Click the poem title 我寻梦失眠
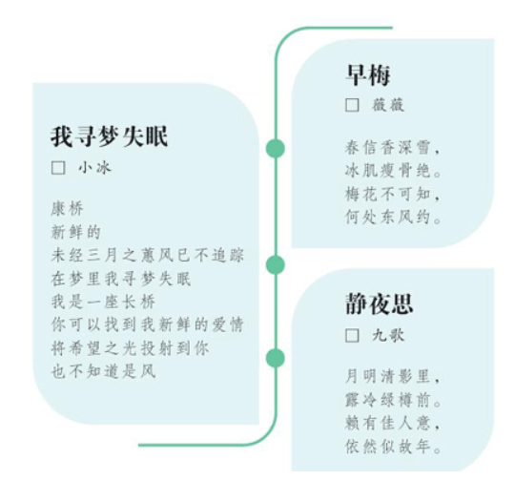[110, 136]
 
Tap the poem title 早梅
[368, 74]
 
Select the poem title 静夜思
[379, 303]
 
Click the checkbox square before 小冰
[58, 168]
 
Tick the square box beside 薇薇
[352, 105]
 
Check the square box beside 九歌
[352, 336]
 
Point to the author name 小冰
[95, 168]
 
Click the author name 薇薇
[388, 105]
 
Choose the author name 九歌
[388, 336]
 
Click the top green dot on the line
[276, 148]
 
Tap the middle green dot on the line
[276, 265]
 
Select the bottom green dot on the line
[276, 358]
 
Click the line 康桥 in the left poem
[68, 209]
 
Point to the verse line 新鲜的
[76, 232]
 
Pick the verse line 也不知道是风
[103, 371]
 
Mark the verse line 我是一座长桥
[103, 302]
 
